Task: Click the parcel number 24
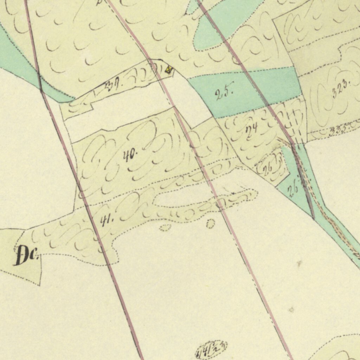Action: (252, 128)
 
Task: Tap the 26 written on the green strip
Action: (294, 190)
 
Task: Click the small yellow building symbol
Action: (169, 70)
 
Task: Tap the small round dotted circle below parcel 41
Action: (210, 224)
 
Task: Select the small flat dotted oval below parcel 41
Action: (164, 228)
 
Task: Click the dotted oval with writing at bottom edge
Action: (211, 349)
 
